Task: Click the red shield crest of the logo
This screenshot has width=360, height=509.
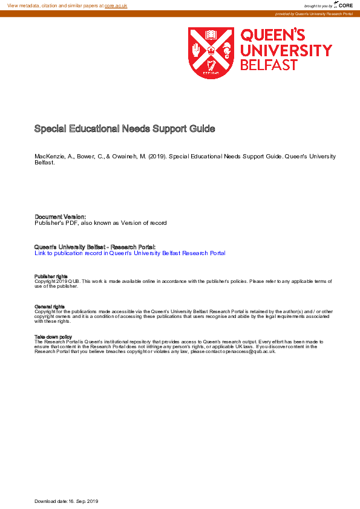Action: (x=211, y=53)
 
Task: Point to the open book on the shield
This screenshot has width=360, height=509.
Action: (x=211, y=34)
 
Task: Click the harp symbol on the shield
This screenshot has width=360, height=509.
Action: (x=211, y=66)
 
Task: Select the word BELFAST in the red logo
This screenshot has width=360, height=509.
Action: (x=269, y=65)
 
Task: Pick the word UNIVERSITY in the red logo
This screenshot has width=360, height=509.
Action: (x=286, y=50)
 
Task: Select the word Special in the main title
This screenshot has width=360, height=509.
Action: (x=50, y=129)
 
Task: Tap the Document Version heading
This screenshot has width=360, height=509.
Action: (x=61, y=216)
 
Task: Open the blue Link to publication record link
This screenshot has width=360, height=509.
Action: (x=130, y=253)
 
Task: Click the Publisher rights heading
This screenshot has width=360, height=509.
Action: (x=51, y=276)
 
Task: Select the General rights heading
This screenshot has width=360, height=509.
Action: (x=50, y=307)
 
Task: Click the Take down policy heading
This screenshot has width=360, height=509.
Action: (x=53, y=337)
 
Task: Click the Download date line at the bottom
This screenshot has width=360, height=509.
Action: (x=67, y=502)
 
